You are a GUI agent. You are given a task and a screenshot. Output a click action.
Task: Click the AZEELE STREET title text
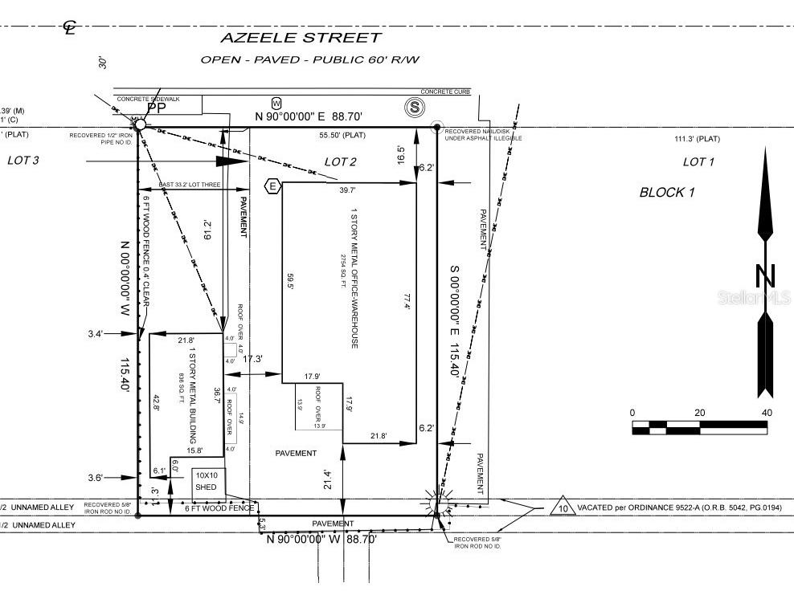[x=301, y=37]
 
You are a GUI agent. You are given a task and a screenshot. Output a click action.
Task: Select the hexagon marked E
[x=272, y=186]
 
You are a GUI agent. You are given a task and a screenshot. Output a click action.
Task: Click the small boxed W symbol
[x=276, y=103]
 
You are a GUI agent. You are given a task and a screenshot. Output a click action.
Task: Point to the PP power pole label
[x=156, y=108]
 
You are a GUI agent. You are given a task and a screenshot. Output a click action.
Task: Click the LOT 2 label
[x=340, y=161]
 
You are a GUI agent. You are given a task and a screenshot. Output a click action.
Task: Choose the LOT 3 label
[x=23, y=160]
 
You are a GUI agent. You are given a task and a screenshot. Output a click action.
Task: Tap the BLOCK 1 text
[x=667, y=192]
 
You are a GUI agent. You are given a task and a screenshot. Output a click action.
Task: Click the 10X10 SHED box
[x=208, y=481]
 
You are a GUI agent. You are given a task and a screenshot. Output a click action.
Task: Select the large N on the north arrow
[x=766, y=276]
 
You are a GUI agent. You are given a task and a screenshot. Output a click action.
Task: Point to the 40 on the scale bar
[x=767, y=413]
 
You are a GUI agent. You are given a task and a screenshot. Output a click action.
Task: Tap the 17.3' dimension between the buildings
[x=252, y=358]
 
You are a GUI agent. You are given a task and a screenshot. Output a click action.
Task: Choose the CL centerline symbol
[x=70, y=27]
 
